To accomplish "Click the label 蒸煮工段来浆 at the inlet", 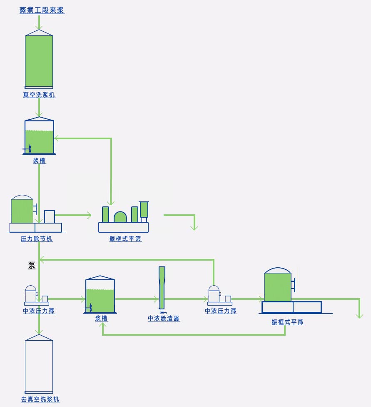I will click(42, 10).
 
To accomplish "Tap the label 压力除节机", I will click(37, 239).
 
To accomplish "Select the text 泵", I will click(32, 266).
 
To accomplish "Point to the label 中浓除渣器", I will click(164, 319).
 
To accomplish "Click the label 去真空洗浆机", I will click(40, 399).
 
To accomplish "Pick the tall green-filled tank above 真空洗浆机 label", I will click(39, 61).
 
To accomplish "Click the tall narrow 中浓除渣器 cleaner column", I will click(162, 288).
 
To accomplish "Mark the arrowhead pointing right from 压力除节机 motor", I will click(88, 215).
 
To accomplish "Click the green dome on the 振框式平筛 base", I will click(120, 217).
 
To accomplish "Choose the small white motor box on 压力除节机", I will click(50, 216).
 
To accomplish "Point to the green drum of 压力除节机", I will click(22, 211).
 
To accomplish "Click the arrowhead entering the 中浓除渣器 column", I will click(156, 299).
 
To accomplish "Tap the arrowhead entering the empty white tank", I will click(39, 332).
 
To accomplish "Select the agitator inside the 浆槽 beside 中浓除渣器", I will click(90, 308).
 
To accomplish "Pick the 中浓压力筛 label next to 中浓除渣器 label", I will click(221, 311).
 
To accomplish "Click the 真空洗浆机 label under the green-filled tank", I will click(39, 95).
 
